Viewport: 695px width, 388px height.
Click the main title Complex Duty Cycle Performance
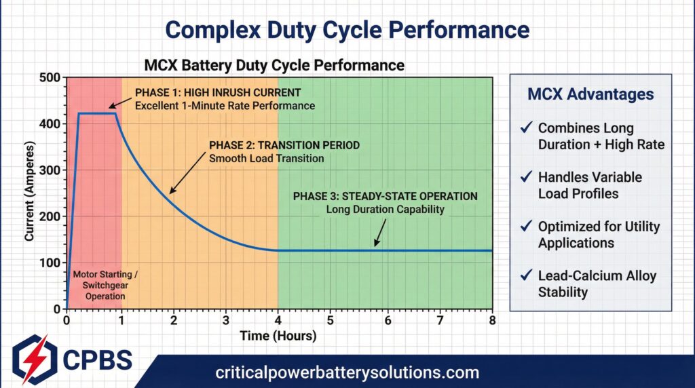pos(347,29)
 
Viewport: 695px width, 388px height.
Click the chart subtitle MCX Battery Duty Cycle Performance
pos(274,66)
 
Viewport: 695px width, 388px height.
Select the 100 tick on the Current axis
pos(52,263)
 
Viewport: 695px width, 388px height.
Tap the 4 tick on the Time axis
pos(278,320)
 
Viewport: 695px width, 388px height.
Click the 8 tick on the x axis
pos(491,320)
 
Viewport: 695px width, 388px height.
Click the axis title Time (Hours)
pos(278,335)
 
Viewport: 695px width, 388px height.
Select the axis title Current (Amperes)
pos(29,193)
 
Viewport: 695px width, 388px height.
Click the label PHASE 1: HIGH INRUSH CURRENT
pos(217,92)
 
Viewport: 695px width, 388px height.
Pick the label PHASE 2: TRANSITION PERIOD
pos(284,146)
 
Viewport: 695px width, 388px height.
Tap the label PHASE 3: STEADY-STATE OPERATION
pos(385,196)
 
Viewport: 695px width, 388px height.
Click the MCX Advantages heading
pos(590,94)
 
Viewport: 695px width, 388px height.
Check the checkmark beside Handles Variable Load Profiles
pos(525,177)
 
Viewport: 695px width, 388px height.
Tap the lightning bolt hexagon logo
pos(31,359)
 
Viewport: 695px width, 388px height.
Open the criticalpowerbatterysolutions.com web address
pos(347,372)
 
